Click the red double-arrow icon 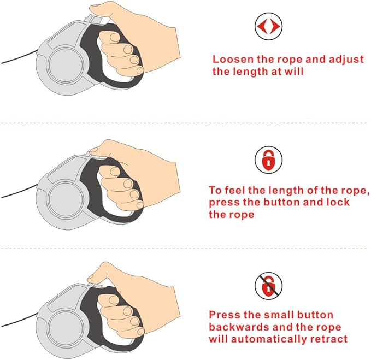(x=268, y=26)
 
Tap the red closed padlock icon (x=268, y=161)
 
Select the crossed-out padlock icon (x=268, y=286)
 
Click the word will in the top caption (x=294, y=71)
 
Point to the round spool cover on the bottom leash (x=66, y=328)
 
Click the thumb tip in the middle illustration (x=94, y=150)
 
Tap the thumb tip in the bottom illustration (x=91, y=277)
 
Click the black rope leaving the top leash (x=19, y=57)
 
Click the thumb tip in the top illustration (x=93, y=9)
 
